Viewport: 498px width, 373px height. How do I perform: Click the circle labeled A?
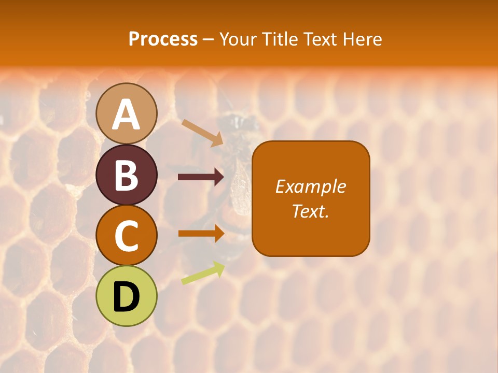[127, 113]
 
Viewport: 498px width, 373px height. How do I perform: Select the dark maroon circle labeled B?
[127, 175]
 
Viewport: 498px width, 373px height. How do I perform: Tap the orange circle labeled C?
[127, 235]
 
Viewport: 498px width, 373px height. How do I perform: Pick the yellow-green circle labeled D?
[127, 296]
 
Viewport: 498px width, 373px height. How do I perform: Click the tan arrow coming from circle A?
[203, 133]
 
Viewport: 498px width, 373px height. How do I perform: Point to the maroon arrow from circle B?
[201, 177]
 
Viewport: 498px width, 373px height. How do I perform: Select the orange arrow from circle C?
[201, 233]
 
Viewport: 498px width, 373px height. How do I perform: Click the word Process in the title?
[163, 39]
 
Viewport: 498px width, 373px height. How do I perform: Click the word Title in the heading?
[280, 39]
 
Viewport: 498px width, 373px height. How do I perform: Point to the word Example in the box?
[310, 187]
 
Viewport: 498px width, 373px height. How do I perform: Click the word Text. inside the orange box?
[310, 211]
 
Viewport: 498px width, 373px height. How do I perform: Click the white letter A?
[127, 114]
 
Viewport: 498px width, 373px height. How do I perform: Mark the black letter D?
[127, 297]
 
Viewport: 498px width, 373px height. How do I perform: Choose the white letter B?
[127, 175]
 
